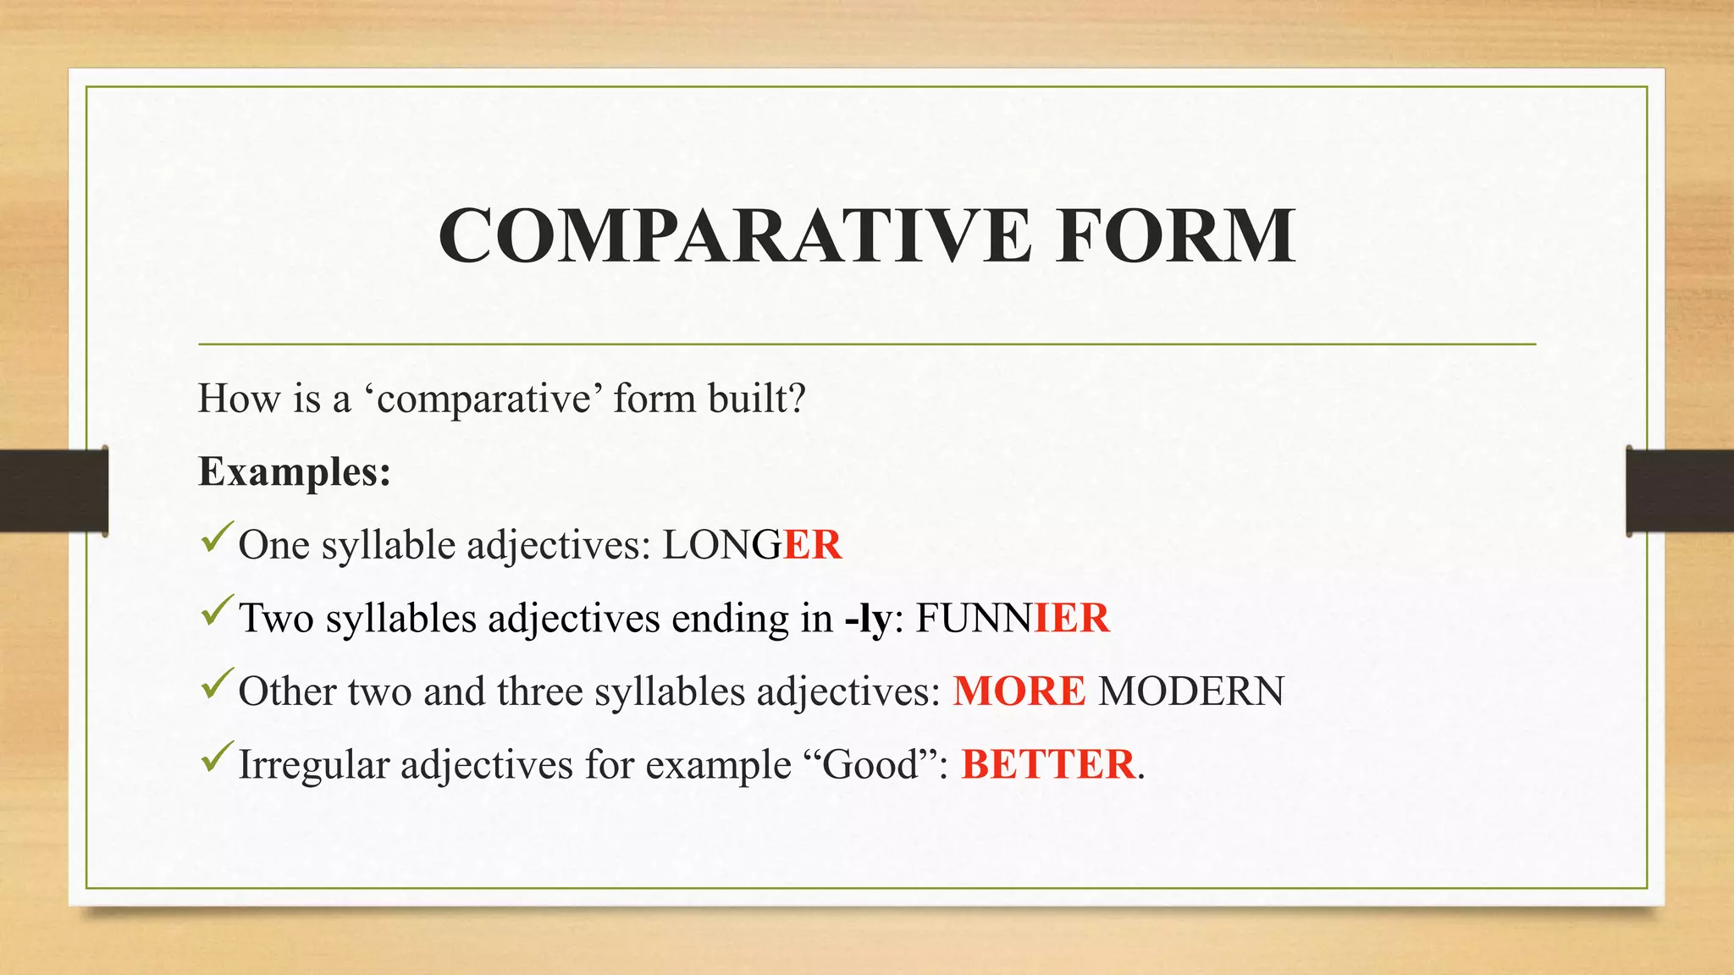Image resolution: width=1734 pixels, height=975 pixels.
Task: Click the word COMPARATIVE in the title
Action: pyautogui.click(x=734, y=236)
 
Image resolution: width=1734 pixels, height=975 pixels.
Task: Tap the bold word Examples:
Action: pyautogui.click(x=294, y=472)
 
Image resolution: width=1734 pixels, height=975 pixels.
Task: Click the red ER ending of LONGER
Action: pyautogui.click(x=812, y=544)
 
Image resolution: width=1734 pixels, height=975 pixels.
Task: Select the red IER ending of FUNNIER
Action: pyautogui.click(x=1071, y=618)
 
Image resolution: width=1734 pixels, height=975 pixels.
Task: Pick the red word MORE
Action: pyautogui.click(x=1019, y=691)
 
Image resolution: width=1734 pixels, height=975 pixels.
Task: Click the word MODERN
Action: pyautogui.click(x=1190, y=691)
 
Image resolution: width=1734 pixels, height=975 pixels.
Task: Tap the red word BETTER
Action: pyautogui.click(x=1047, y=764)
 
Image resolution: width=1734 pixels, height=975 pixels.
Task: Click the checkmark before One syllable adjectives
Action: pyautogui.click(x=217, y=538)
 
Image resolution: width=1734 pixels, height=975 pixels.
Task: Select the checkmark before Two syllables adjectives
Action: pyautogui.click(x=217, y=611)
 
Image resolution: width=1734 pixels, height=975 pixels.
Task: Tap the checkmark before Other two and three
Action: pyautogui.click(x=217, y=684)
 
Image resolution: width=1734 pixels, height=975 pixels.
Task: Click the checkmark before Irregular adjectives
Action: pyautogui.click(x=217, y=757)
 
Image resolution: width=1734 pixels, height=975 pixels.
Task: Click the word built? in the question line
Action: pyautogui.click(x=756, y=399)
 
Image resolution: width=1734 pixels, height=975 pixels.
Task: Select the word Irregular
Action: pyautogui.click(x=313, y=765)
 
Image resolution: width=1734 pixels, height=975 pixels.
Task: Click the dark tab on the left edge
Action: pyautogui.click(x=53, y=491)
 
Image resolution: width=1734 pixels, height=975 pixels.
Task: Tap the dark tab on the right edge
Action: pyautogui.click(x=1679, y=491)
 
